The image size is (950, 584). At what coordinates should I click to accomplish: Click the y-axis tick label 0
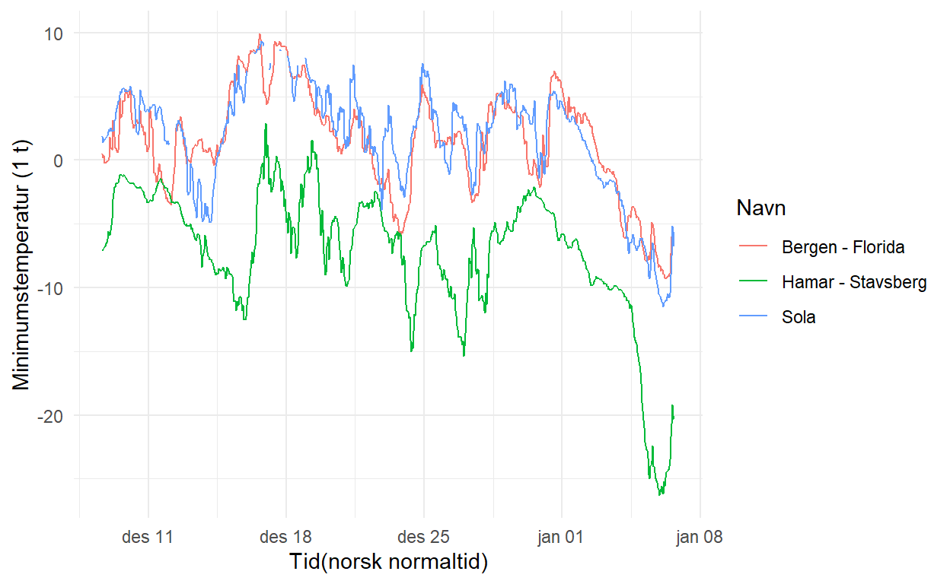click(59, 160)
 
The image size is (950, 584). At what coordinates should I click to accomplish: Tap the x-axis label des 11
click(148, 538)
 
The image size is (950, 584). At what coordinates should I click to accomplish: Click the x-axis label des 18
click(285, 538)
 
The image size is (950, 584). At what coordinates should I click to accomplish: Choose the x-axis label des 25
click(423, 538)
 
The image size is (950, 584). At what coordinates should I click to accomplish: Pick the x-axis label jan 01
click(561, 538)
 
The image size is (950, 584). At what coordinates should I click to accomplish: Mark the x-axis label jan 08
click(699, 538)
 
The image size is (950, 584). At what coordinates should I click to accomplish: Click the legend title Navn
click(761, 208)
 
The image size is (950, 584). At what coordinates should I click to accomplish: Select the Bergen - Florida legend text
click(843, 247)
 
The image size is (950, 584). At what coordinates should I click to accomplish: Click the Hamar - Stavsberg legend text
click(854, 282)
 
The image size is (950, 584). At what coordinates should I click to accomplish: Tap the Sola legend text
click(799, 317)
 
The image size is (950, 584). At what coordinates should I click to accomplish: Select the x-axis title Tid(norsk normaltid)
click(388, 563)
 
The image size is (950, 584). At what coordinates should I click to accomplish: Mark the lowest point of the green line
click(660, 495)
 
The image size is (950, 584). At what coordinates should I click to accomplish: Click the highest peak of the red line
click(260, 34)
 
